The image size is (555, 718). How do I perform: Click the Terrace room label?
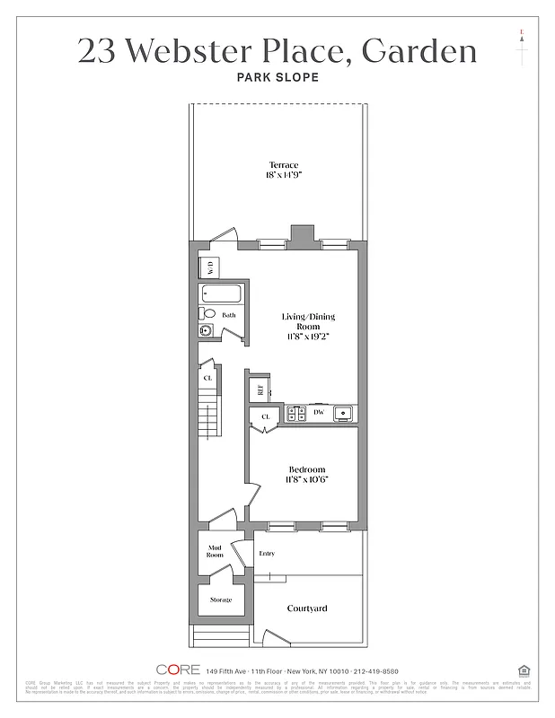click(x=283, y=165)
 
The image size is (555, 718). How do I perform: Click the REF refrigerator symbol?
click(x=260, y=390)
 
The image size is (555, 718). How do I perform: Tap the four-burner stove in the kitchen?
click(x=297, y=413)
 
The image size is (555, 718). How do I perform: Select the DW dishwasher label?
click(x=318, y=413)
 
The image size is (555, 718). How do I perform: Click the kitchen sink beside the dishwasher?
click(x=342, y=413)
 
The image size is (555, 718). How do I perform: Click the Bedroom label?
click(x=307, y=470)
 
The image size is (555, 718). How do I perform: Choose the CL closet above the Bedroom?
click(x=266, y=417)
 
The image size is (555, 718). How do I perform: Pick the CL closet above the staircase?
click(x=208, y=378)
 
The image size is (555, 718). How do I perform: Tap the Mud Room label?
click(x=216, y=551)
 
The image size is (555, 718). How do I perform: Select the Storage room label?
click(x=221, y=600)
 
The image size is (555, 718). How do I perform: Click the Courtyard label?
click(x=307, y=609)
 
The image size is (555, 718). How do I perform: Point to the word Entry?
click(x=267, y=554)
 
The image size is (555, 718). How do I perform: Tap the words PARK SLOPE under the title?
click(x=277, y=77)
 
